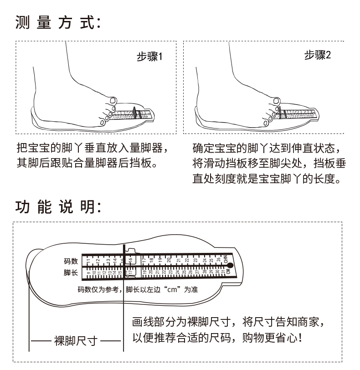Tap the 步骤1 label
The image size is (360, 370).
tap(150, 57)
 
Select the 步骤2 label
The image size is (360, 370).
tap(318, 56)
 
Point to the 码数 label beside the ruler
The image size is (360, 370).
tap(71, 261)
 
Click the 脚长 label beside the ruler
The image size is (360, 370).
tap(71, 273)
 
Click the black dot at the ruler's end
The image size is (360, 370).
tap(230, 265)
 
